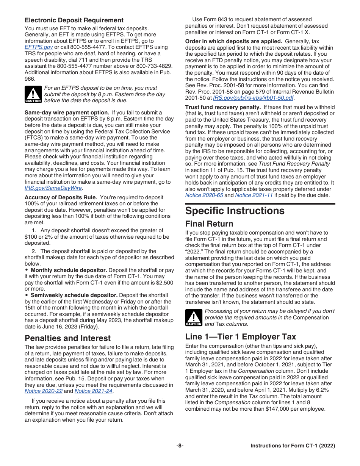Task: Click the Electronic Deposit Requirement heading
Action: click(74, 20)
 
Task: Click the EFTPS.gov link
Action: click(39, 47)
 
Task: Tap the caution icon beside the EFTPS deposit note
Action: click(33, 94)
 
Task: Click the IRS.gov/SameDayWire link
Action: click(53, 188)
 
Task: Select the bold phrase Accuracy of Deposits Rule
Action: click(61, 197)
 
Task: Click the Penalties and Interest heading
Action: click(67, 338)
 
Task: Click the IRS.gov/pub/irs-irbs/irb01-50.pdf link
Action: click(253, 98)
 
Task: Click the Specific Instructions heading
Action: click(235, 211)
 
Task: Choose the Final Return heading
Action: click(209, 224)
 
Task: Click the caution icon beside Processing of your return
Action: click(194, 317)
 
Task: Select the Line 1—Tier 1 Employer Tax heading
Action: click(241, 336)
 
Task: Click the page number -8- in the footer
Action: click(180, 446)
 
